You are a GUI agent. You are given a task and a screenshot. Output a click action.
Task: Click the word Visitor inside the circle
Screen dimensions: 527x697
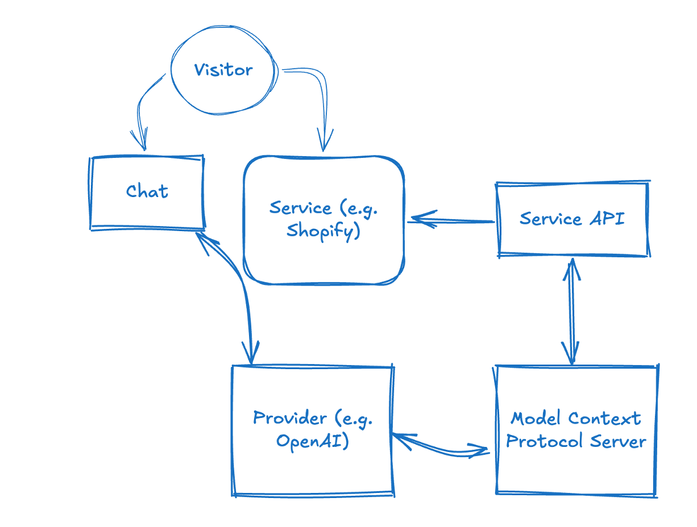pos(223,70)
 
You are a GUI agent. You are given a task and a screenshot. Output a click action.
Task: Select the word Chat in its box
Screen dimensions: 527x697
pos(147,191)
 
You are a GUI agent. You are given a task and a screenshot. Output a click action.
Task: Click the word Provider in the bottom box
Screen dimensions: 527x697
pos(290,418)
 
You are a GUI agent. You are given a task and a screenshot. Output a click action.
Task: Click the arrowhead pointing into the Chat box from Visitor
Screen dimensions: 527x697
pos(140,142)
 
